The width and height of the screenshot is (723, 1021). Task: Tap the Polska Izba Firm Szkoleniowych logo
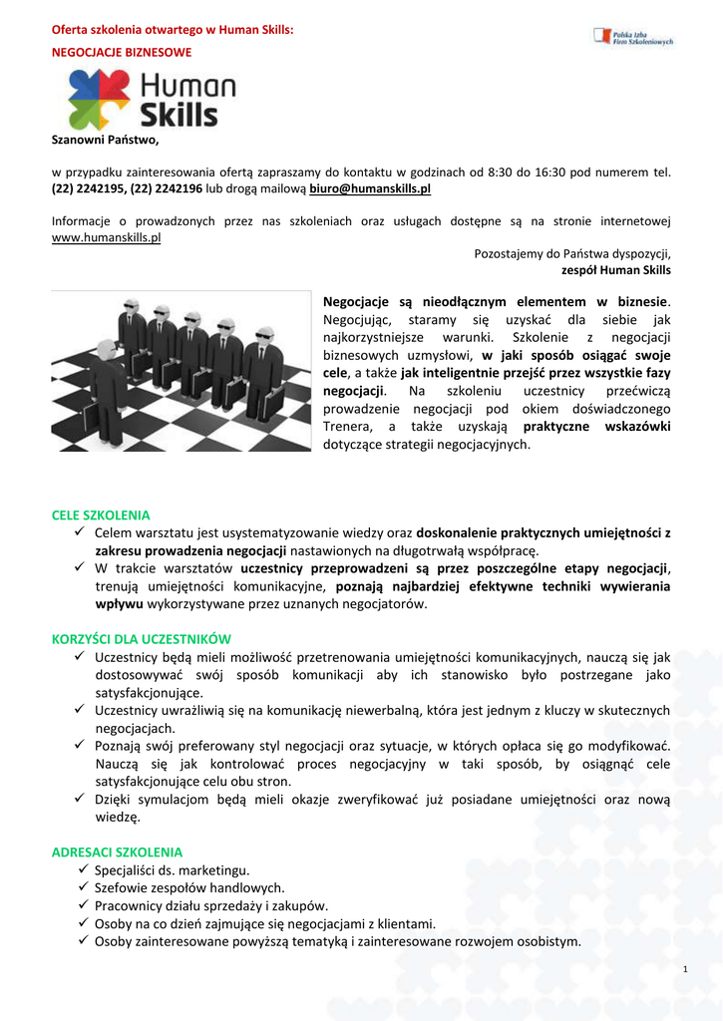pyautogui.click(x=633, y=37)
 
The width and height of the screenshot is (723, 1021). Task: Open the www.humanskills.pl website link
pyautogui.click(x=106, y=237)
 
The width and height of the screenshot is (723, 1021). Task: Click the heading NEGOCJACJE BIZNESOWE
pyautogui.click(x=122, y=51)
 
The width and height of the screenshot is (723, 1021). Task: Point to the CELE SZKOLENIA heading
pyautogui.click(x=101, y=515)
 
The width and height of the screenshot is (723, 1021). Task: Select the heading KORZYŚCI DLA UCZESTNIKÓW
pyautogui.click(x=142, y=638)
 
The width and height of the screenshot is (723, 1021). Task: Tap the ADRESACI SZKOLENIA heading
pyautogui.click(x=117, y=852)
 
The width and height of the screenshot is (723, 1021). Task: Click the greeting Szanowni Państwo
pyautogui.click(x=105, y=139)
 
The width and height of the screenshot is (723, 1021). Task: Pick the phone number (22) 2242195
pyautogui.click(x=95, y=187)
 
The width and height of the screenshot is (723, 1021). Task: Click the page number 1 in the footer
pyautogui.click(x=687, y=970)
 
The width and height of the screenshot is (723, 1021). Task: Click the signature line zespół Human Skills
pyautogui.click(x=616, y=270)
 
